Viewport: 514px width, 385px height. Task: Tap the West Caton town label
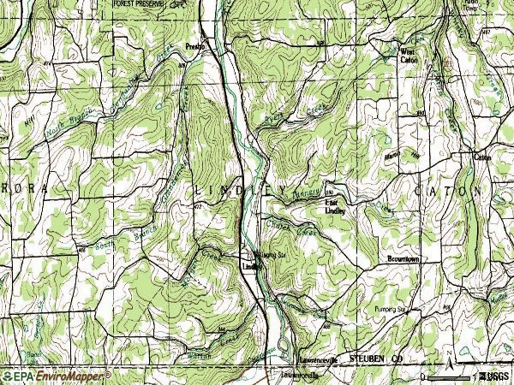pyautogui.click(x=410, y=56)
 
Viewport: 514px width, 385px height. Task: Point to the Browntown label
pyautogui.click(x=403, y=258)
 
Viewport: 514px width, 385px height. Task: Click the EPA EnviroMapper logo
pyautogui.click(x=57, y=376)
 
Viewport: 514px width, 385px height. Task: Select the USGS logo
pyautogui.click(x=493, y=376)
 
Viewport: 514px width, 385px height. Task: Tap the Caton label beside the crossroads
pyautogui.click(x=481, y=157)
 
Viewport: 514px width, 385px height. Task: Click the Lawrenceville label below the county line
pyautogui.click(x=295, y=374)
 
